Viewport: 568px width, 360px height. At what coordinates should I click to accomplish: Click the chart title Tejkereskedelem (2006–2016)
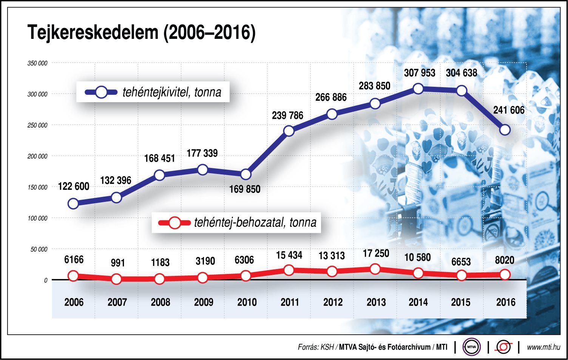[141, 32]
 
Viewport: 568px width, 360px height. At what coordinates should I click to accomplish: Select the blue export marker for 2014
[418, 89]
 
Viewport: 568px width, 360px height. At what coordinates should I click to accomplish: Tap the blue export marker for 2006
[73, 204]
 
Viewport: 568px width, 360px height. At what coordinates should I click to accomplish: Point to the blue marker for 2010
[245, 174]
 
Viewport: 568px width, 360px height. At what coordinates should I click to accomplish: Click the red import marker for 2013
[375, 269]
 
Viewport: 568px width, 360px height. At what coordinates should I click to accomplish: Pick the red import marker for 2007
[116, 279]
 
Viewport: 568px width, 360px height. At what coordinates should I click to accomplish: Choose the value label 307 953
[420, 73]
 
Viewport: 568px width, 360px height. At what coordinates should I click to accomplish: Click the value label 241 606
[509, 110]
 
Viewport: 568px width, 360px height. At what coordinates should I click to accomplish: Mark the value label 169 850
[245, 189]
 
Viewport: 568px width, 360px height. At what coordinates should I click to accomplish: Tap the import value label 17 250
[376, 254]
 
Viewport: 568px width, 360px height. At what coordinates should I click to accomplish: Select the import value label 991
[118, 263]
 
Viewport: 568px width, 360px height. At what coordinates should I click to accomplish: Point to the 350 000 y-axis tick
[37, 63]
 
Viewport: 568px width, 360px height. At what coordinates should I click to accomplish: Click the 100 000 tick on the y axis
[37, 218]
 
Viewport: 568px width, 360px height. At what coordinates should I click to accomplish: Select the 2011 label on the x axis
[290, 302]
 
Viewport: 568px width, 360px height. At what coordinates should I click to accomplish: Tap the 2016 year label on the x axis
[506, 302]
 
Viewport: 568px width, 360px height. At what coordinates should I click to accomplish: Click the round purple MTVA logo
[472, 347]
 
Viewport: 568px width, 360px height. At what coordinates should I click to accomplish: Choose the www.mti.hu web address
[543, 347]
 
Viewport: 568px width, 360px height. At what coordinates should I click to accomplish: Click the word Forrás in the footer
[307, 347]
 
